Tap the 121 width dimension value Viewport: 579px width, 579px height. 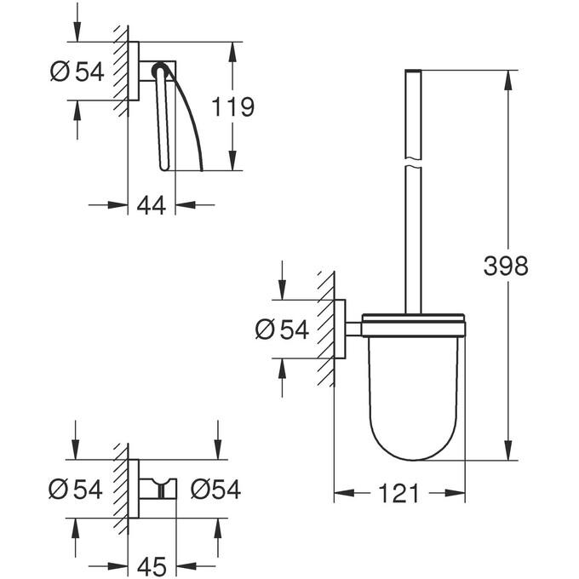coord(398,493)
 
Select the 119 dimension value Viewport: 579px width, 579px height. coord(232,106)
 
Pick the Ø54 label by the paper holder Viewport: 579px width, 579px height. coord(77,72)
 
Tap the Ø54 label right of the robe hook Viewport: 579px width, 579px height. coord(215,490)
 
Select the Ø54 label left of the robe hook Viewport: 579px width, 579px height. coord(76,490)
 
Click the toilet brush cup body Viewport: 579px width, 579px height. coord(413,392)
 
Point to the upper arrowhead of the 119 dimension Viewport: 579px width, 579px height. coord(232,49)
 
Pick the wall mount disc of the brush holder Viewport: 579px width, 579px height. coord(339,329)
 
